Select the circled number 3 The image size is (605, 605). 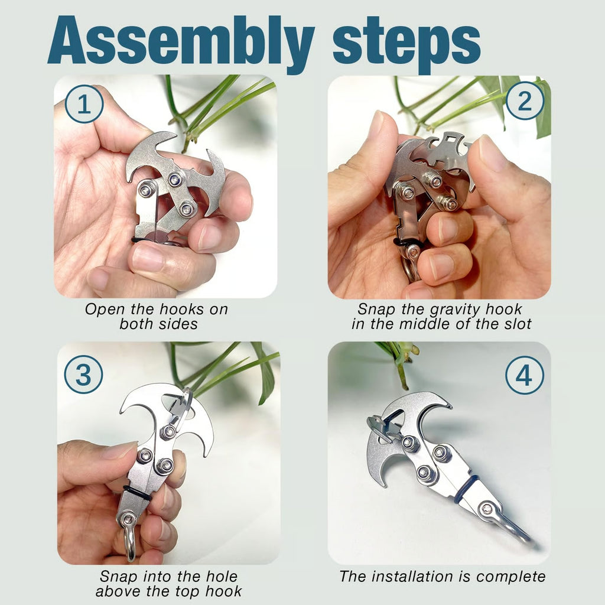coord(83,375)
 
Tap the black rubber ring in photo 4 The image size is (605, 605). coord(466,489)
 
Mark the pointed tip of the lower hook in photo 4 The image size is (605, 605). coord(370,485)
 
